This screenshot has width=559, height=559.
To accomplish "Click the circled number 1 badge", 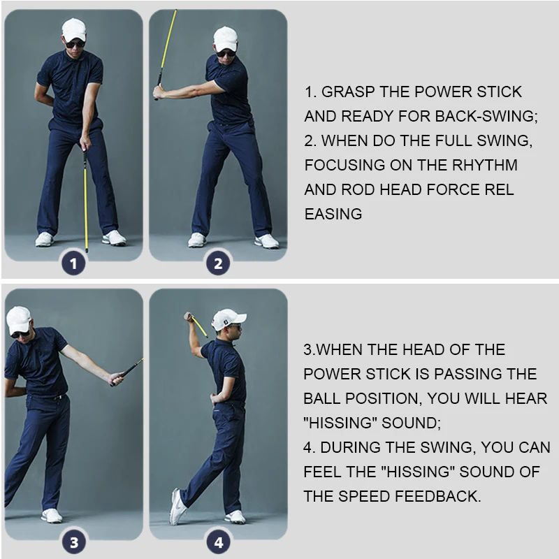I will point(75,263).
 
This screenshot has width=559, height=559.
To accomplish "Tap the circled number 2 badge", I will point(218,263).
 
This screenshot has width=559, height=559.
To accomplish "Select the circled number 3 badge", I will point(75,542).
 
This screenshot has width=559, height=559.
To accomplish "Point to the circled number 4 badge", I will point(218,542).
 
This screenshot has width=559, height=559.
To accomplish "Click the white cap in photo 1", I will point(73,29).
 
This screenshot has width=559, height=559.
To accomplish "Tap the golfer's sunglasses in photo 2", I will point(226,52).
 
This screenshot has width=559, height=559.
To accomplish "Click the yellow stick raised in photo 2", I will point(168,42).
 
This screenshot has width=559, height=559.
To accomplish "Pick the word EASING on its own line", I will point(333,215).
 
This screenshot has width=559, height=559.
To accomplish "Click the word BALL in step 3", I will point(323,398).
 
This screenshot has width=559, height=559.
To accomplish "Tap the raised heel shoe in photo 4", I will point(177,507).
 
